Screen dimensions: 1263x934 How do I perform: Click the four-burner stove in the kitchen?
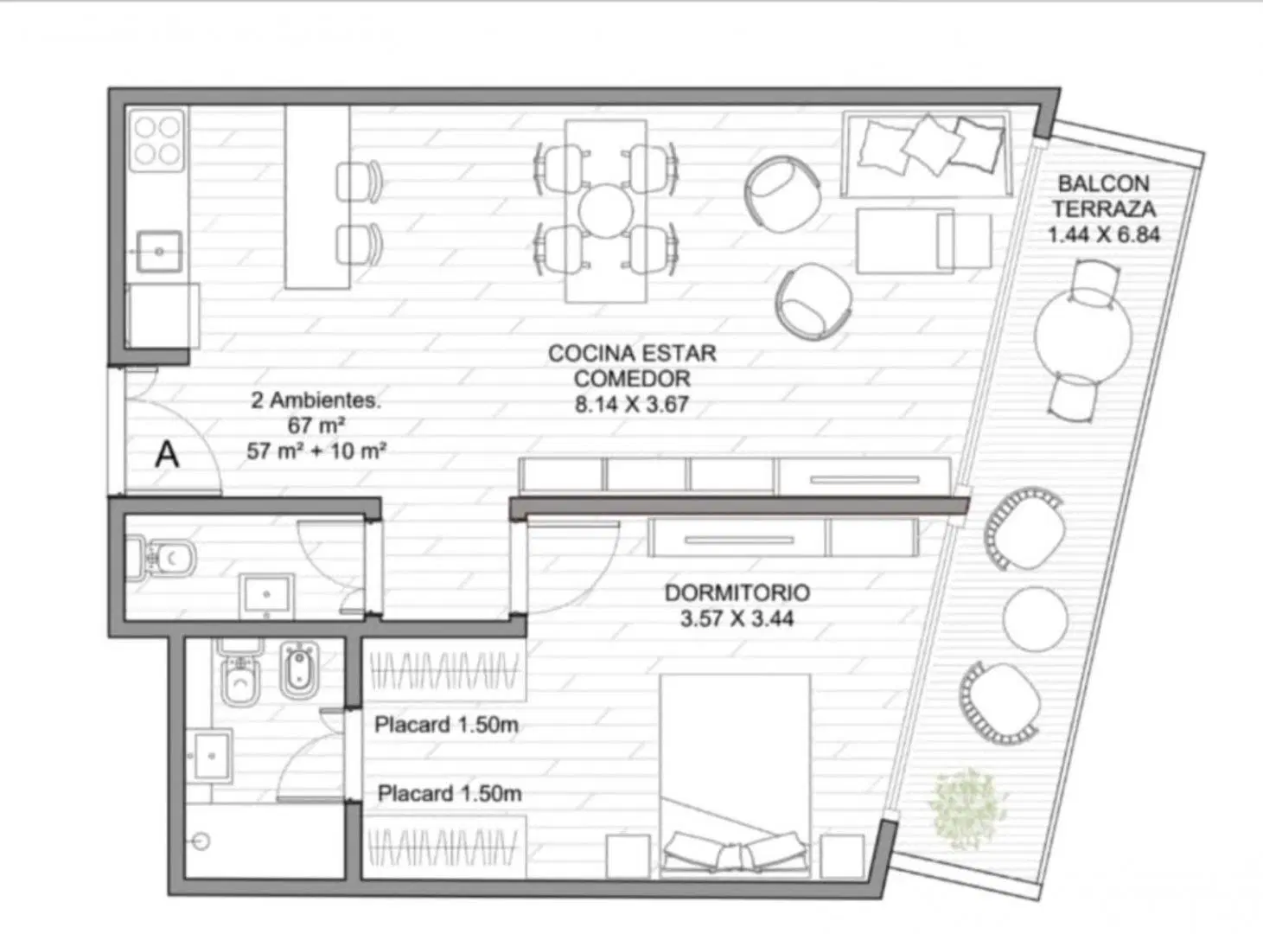pos(157,140)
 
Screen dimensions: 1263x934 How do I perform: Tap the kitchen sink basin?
pos(159,252)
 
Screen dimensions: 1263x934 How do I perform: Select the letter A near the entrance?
pos(168,454)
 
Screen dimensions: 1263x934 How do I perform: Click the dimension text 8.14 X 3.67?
pos(631,404)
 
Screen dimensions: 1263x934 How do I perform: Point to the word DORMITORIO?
pos(737,593)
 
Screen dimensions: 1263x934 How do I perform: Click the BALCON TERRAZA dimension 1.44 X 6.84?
pos(1104,234)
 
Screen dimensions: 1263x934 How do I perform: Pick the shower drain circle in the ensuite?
pos(201,841)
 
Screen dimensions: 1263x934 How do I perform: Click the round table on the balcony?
pos(1082,336)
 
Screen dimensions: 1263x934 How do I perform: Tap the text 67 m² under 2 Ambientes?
pos(316,425)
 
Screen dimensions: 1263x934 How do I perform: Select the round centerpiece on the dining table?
pos(606,210)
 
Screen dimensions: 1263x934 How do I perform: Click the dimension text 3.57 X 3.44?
pos(737,619)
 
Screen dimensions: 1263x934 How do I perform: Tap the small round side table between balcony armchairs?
pos(1036,619)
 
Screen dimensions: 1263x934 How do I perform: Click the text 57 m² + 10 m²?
pos(316,451)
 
